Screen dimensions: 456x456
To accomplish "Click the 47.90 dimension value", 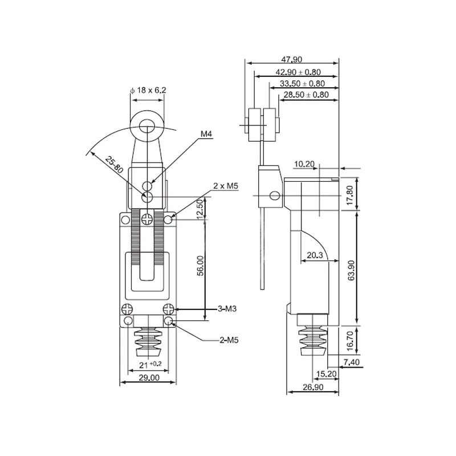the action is pyautogui.click(x=291, y=59).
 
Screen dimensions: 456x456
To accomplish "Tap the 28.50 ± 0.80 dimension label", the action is pyautogui.click(x=306, y=95).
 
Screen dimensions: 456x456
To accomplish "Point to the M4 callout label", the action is pyautogui.click(x=206, y=134).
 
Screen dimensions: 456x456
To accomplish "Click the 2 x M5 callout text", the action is pyautogui.click(x=226, y=186).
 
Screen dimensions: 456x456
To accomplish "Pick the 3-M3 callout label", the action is pyautogui.click(x=227, y=309).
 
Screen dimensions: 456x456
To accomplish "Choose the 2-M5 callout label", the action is pyautogui.click(x=229, y=340).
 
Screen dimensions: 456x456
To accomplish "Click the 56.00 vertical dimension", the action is pyautogui.click(x=201, y=266).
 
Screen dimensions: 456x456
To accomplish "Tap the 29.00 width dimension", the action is pyautogui.click(x=149, y=378).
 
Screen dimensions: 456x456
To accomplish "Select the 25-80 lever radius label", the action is pyautogui.click(x=115, y=165).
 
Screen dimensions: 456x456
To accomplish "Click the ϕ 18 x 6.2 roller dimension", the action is pyautogui.click(x=148, y=91).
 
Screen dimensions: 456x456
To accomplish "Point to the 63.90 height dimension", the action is pyautogui.click(x=351, y=270).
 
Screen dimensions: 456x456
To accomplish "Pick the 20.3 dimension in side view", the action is pyautogui.click(x=315, y=255).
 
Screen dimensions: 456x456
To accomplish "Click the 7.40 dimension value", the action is pyautogui.click(x=351, y=362).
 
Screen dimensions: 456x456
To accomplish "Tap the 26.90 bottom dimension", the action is pyautogui.click(x=313, y=387).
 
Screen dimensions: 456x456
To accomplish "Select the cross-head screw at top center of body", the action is pyautogui.click(x=147, y=219).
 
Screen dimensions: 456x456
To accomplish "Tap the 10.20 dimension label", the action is pyautogui.click(x=304, y=164).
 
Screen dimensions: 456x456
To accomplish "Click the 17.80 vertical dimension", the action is pyautogui.click(x=350, y=195).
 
